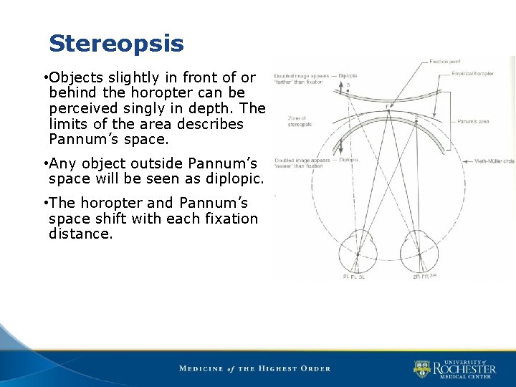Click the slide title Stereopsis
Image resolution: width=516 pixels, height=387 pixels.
(x=116, y=44)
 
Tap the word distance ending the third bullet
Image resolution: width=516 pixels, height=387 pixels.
(x=80, y=234)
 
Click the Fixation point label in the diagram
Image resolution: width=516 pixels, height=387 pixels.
(x=445, y=62)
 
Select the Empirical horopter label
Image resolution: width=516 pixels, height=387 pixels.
(x=473, y=74)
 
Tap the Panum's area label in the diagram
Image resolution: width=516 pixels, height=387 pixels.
(x=473, y=122)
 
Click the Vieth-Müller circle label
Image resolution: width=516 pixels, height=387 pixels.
(x=494, y=161)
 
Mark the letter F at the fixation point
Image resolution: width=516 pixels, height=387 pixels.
(x=388, y=107)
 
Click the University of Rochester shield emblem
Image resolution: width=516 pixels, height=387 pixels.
(x=421, y=369)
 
